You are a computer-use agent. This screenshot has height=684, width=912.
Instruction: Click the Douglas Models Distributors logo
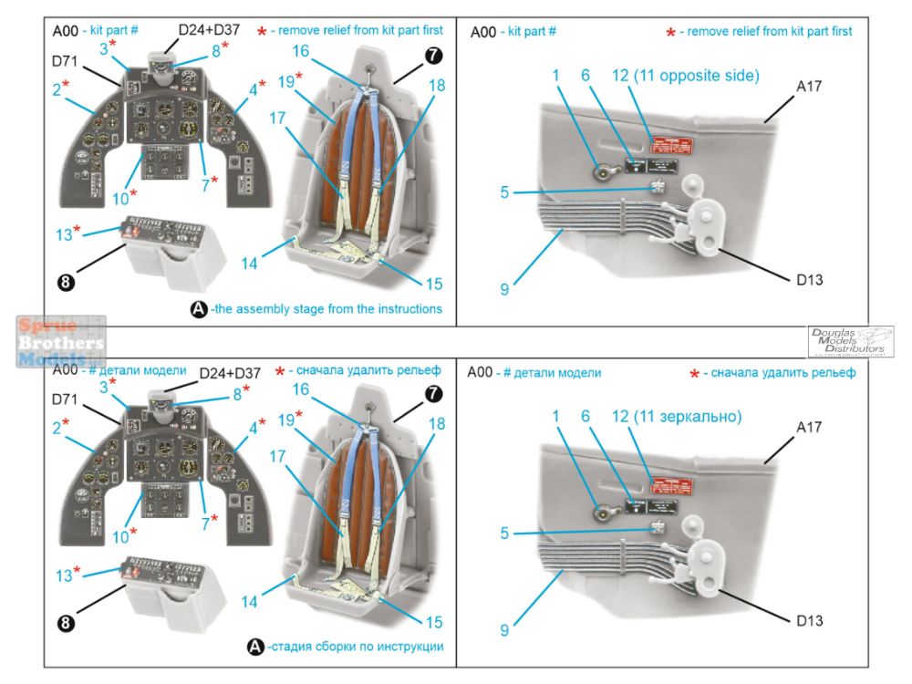[x=850, y=341]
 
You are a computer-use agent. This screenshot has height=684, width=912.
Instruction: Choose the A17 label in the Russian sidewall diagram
[x=810, y=427]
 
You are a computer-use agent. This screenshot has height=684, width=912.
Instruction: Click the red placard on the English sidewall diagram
[x=669, y=144]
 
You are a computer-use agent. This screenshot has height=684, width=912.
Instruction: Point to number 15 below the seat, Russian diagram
[x=433, y=622]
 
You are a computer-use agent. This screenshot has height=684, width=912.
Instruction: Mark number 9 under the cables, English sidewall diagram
[x=503, y=289]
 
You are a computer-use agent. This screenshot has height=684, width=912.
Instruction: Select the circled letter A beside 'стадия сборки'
[x=255, y=647]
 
